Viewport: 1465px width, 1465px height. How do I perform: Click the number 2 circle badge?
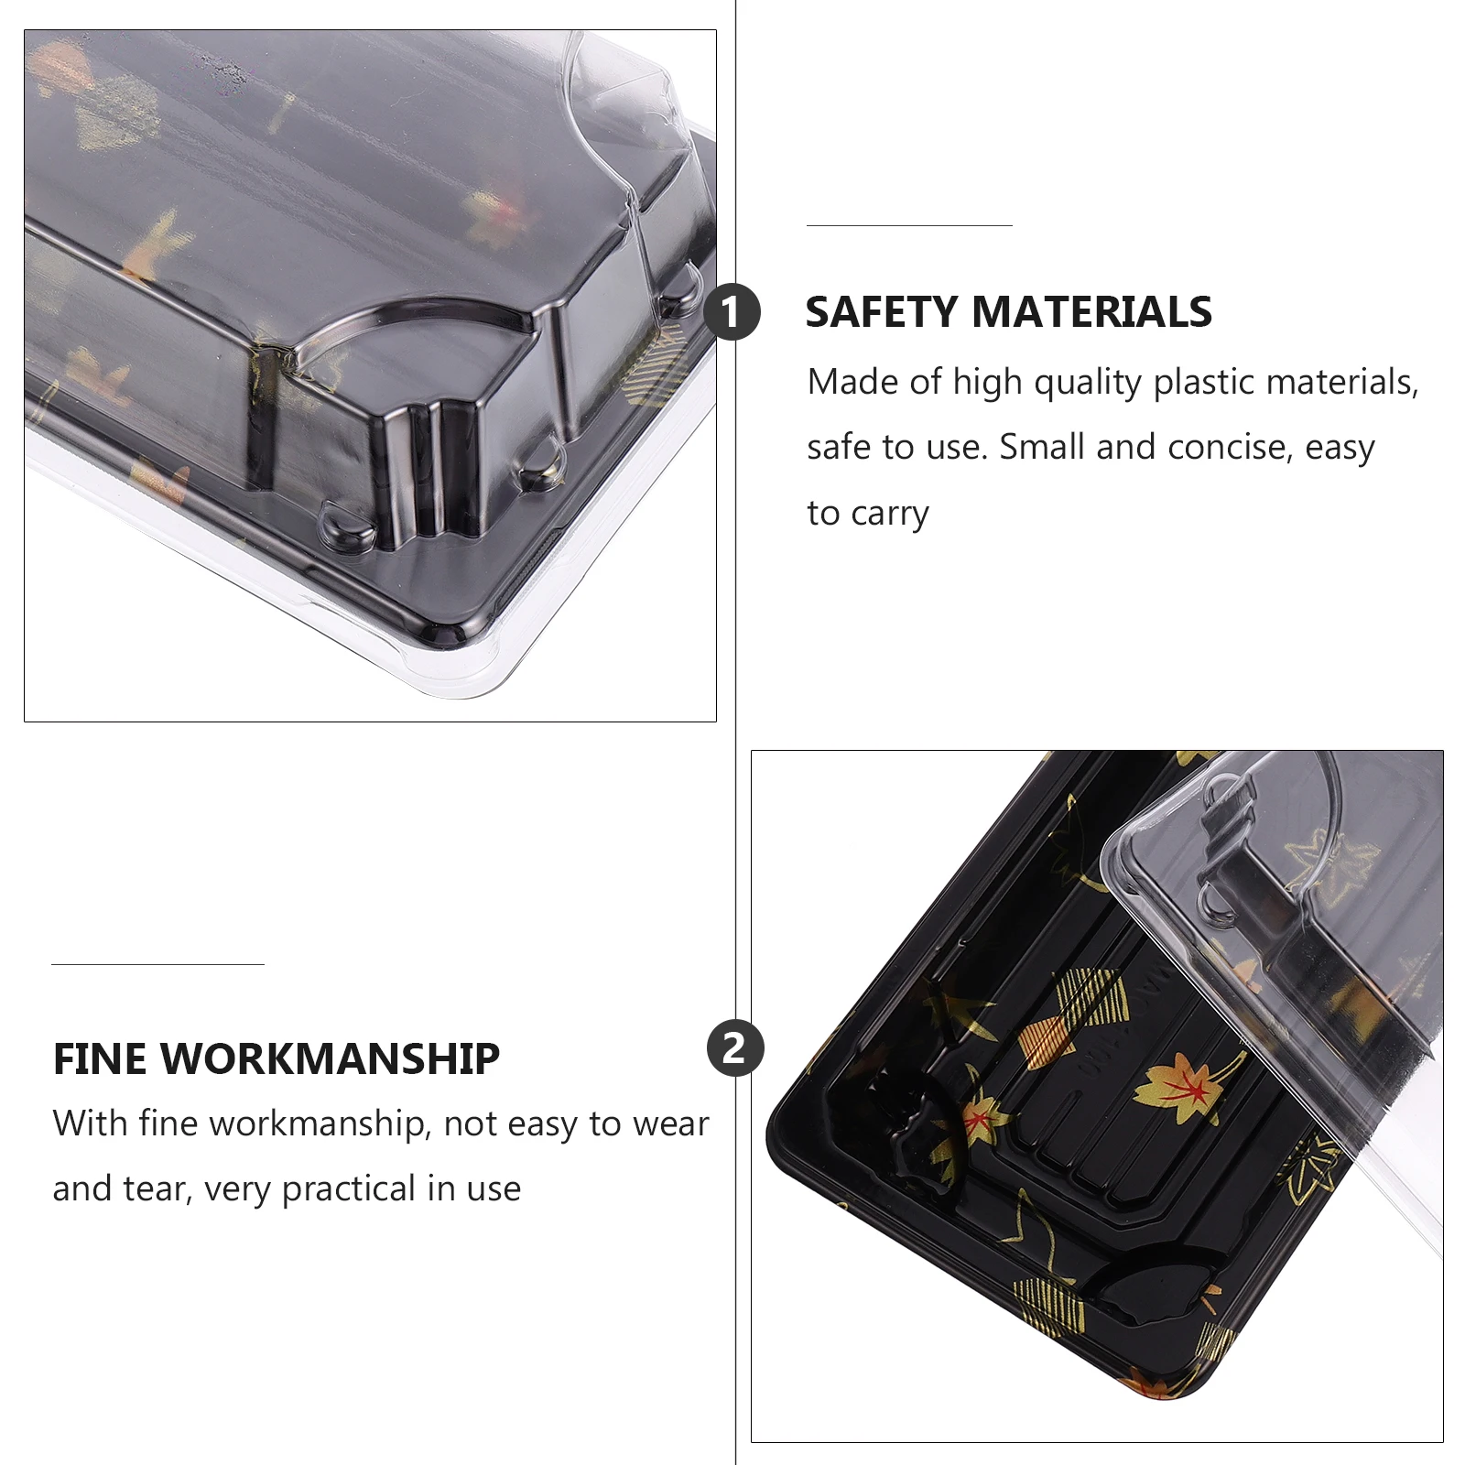pyautogui.click(x=735, y=1048)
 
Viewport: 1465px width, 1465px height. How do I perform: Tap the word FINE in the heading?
pyautogui.click(x=100, y=1059)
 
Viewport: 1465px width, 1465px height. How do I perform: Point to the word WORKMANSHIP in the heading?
pyautogui.click(x=331, y=1059)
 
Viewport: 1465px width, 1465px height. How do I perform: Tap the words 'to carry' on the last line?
pyautogui.click(x=868, y=514)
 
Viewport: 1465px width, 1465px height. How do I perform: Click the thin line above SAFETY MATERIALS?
pyautogui.click(x=909, y=225)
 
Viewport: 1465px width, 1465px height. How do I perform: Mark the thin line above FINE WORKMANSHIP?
pyautogui.click(x=157, y=964)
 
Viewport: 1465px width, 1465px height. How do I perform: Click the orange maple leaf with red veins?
pyautogui.click(x=1181, y=1084)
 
